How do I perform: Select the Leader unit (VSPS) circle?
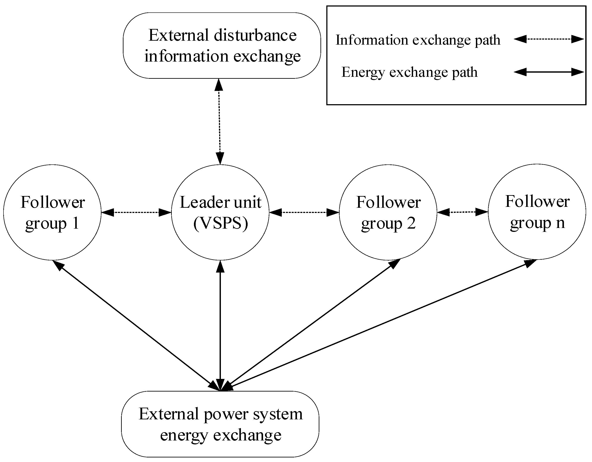tap(220, 212)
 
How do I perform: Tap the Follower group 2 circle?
tap(388, 212)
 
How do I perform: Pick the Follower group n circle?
tap(537, 212)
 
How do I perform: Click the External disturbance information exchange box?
tap(222, 45)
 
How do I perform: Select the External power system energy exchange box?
tap(220, 424)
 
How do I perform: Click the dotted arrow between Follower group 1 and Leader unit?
tap(136, 212)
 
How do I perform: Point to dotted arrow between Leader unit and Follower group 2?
tap(304, 212)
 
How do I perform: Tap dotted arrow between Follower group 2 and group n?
tap(462, 212)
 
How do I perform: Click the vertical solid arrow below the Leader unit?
tap(220, 325)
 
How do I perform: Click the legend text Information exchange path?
tap(418, 40)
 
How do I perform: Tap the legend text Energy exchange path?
tap(409, 72)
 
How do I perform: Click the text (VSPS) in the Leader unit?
tap(221, 223)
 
